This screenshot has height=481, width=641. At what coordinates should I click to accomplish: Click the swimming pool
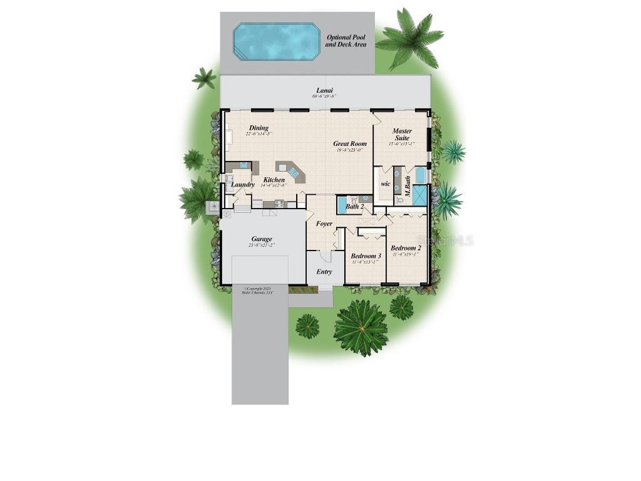click(x=276, y=42)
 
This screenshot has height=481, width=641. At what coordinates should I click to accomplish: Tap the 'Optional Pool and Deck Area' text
click(x=346, y=41)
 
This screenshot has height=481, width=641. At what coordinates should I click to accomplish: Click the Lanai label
click(x=324, y=90)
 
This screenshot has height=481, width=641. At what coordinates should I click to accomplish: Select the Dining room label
click(x=259, y=128)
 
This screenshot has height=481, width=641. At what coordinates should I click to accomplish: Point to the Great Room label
click(x=350, y=143)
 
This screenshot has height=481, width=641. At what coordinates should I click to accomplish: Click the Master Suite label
click(x=402, y=135)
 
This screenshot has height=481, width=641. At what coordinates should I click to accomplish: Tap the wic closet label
click(x=386, y=184)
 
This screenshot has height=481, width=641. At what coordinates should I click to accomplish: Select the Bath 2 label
click(x=355, y=206)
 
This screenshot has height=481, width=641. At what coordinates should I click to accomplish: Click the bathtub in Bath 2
click(x=342, y=205)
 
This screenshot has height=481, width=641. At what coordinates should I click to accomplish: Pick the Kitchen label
click(x=274, y=180)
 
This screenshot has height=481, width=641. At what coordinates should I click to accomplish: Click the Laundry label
click(x=243, y=185)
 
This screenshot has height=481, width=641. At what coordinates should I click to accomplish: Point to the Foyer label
click(x=324, y=224)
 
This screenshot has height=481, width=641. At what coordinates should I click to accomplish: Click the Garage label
click(x=262, y=239)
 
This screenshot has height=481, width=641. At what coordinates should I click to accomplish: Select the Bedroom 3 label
click(x=366, y=256)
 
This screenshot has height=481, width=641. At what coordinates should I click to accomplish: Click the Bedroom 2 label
click(x=406, y=248)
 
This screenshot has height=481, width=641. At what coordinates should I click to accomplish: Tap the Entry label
click(x=324, y=272)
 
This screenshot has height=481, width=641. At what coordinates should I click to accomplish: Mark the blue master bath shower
click(x=419, y=195)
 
